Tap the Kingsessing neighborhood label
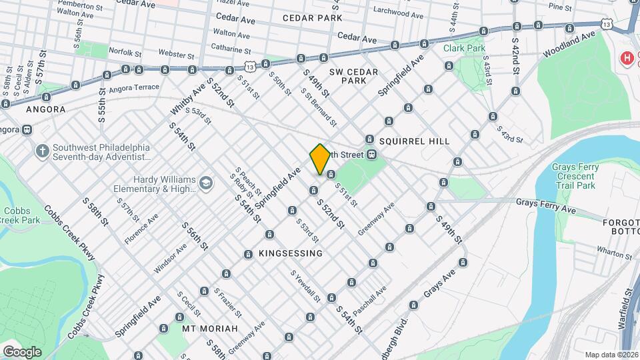point(283,253)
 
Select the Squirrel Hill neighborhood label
point(415,141)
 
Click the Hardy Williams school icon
point(207,183)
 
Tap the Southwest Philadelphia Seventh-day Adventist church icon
point(42,151)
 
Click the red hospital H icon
point(626,59)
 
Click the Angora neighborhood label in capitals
point(45,109)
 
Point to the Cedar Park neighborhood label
point(307,18)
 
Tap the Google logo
point(22,351)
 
